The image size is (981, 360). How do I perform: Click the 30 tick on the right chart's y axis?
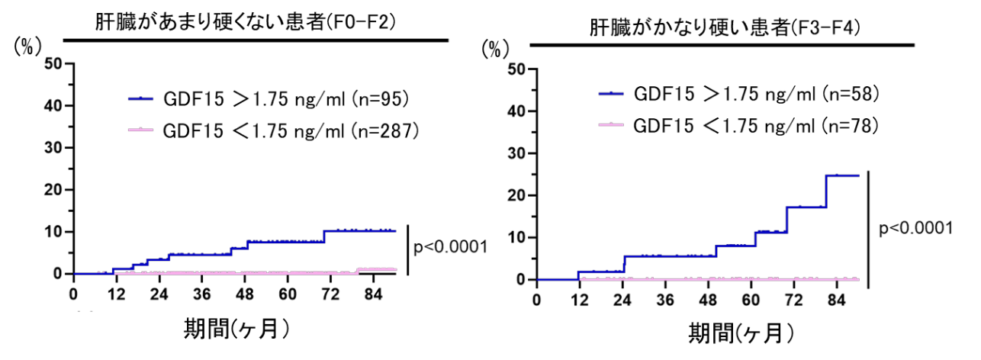tap(518, 153)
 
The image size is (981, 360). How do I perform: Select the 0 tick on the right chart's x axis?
tap(536, 299)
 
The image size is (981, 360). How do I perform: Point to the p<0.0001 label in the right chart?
tap(915, 227)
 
